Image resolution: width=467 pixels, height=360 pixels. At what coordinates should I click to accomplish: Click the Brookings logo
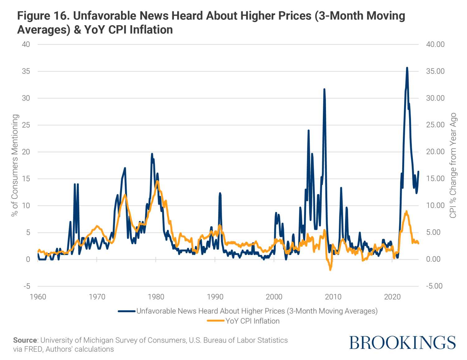pos(402,343)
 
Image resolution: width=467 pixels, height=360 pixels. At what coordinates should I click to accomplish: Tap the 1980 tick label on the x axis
pos(156,297)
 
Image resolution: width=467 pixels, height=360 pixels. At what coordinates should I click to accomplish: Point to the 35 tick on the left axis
pos(26,71)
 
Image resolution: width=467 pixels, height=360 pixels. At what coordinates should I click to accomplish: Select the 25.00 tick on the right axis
pos(435,125)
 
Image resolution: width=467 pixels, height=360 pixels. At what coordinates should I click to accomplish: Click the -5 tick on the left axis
pos(27,286)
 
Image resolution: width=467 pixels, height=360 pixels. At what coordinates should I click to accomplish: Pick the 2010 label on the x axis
pos(333,297)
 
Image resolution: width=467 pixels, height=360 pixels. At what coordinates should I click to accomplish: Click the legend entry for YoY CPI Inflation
pos(252,321)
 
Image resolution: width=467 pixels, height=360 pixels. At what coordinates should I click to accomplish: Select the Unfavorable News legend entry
pos(257,311)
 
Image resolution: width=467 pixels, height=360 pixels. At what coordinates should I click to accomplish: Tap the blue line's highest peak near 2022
pos(407,68)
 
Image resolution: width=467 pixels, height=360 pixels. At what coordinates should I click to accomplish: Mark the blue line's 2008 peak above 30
pos(324,89)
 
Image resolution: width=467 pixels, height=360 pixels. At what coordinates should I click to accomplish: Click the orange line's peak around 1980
pos(158,181)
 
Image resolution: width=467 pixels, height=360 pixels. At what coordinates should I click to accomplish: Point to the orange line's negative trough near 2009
pos(330,270)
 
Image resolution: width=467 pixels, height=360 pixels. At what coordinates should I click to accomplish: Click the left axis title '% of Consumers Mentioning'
pos(15,165)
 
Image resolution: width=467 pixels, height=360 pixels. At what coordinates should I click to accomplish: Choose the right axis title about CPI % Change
pos(453,165)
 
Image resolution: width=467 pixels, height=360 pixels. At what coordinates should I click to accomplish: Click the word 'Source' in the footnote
pos(25,340)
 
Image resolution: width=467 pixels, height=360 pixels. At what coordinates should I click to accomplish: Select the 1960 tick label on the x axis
pos(38,297)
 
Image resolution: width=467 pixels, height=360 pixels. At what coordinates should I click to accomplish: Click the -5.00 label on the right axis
pos(434,286)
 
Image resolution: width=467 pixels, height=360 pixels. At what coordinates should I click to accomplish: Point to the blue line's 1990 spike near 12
pos(220,193)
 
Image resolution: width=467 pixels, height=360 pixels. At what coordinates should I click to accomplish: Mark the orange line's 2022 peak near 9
pos(406,211)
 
